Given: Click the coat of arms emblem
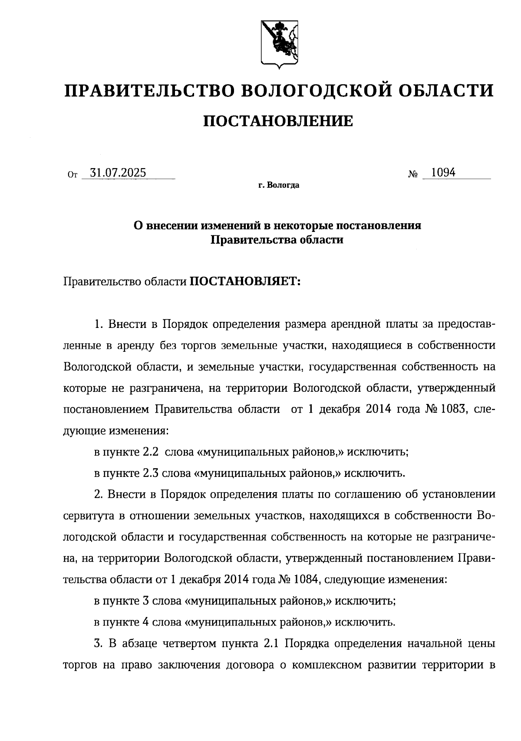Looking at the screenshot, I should (279, 44).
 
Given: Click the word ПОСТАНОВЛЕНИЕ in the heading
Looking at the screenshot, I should (278, 121).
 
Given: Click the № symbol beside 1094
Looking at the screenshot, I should (413, 175).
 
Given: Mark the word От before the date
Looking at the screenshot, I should (72, 175).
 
